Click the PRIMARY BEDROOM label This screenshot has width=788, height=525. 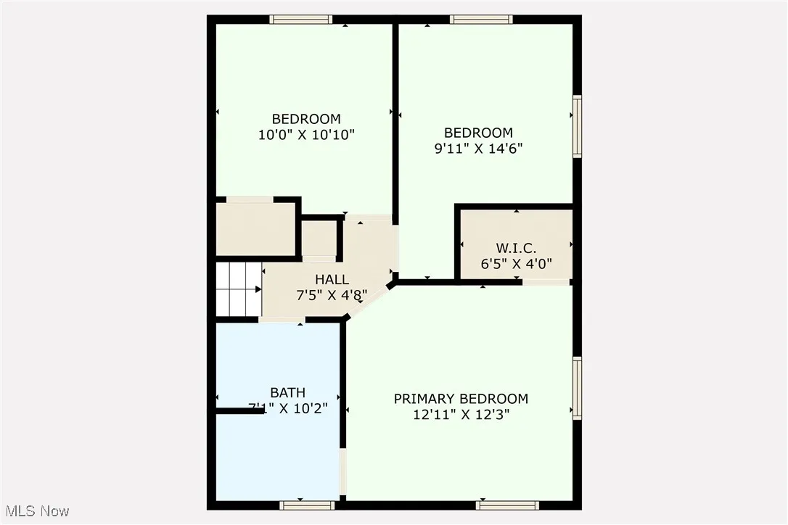(x=461, y=399)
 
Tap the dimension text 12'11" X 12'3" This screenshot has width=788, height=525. (x=461, y=415)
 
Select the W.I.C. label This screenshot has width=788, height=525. (x=517, y=248)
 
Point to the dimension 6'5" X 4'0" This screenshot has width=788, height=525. (x=517, y=264)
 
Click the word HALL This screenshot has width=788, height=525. (x=332, y=279)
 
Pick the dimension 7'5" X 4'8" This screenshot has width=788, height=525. (x=332, y=295)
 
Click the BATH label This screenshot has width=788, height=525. (x=288, y=392)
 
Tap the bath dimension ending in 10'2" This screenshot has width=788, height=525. (x=288, y=408)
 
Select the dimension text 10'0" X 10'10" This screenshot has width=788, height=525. (x=306, y=134)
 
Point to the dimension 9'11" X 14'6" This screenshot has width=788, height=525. (x=478, y=149)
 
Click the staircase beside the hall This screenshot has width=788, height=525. (x=239, y=289)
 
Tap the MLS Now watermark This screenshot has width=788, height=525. (x=36, y=511)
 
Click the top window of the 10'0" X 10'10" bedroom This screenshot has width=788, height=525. (x=301, y=20)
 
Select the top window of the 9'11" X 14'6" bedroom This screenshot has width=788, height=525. (x=481, y=20)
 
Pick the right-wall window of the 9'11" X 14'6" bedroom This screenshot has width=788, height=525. (x=578, y=127)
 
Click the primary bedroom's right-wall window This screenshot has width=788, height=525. (x=578, y=388)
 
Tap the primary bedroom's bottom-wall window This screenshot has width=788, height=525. (x=507, y=505)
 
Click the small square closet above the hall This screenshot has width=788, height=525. (x=319, y=238)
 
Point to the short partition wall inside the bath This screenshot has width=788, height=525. (x=240, y=411)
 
